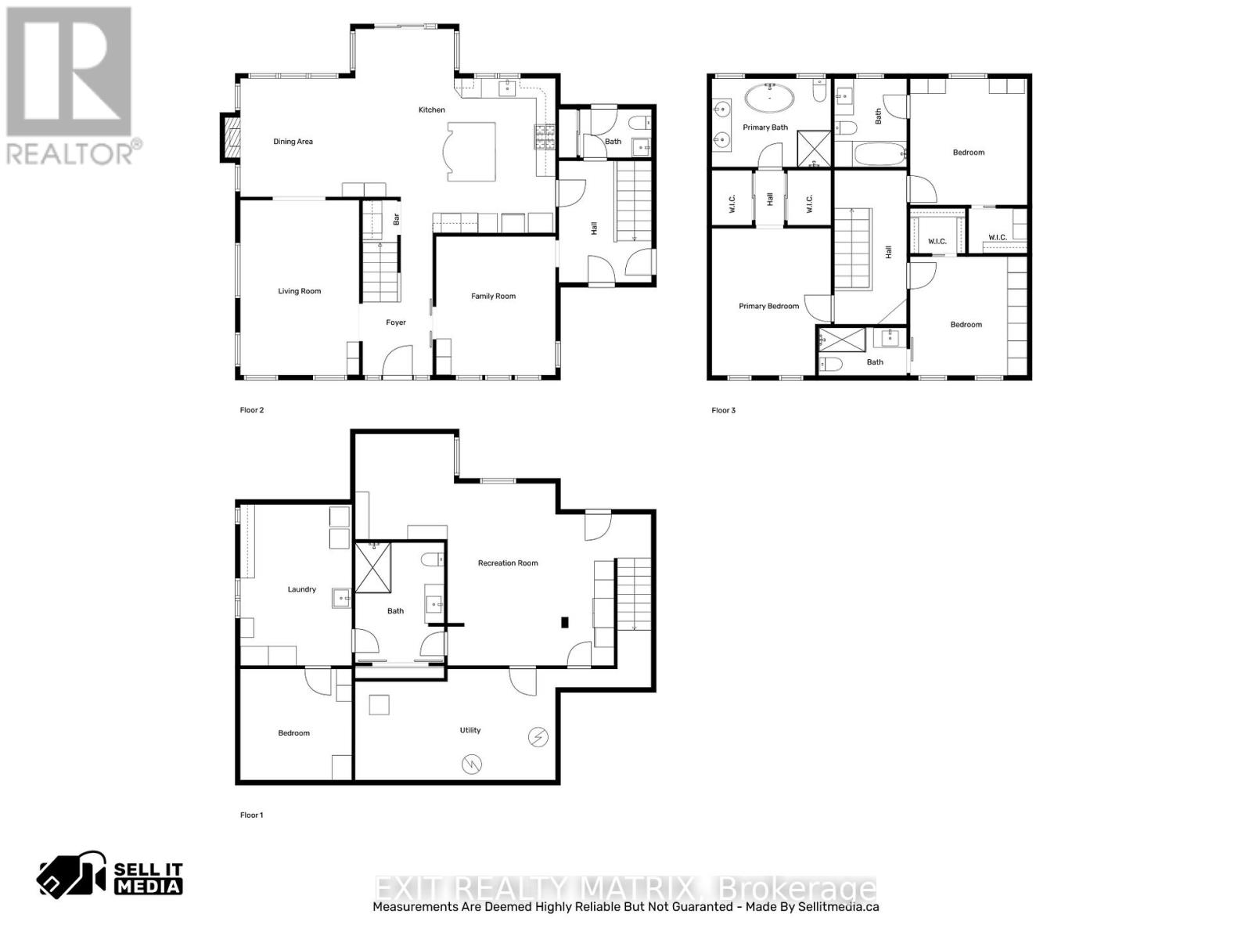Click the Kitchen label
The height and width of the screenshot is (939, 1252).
[432, 110]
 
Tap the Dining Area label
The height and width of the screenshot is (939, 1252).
[293, 142]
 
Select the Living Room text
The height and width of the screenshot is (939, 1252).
[299, 291]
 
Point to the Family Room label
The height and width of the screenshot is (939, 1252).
[493, 296]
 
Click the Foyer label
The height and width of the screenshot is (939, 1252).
[396, 322]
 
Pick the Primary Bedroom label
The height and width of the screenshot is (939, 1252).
[768, 306]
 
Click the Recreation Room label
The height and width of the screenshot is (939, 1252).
[508, 563]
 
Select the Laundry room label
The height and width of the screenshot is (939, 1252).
[301, 589]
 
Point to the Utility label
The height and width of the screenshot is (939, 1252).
[470, 730]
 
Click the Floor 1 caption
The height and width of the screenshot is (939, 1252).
[251, 815]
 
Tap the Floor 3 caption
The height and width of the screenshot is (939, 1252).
[723, 410]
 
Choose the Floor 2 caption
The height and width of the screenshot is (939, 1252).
[251, 410]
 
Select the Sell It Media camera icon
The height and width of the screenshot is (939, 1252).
[71, 874]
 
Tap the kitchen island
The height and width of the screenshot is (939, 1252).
[470, 150]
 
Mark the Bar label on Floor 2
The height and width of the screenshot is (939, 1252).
[397, 220]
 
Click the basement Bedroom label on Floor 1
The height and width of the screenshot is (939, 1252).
[293, 733]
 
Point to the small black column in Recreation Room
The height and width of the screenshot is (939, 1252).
[564, 623]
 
